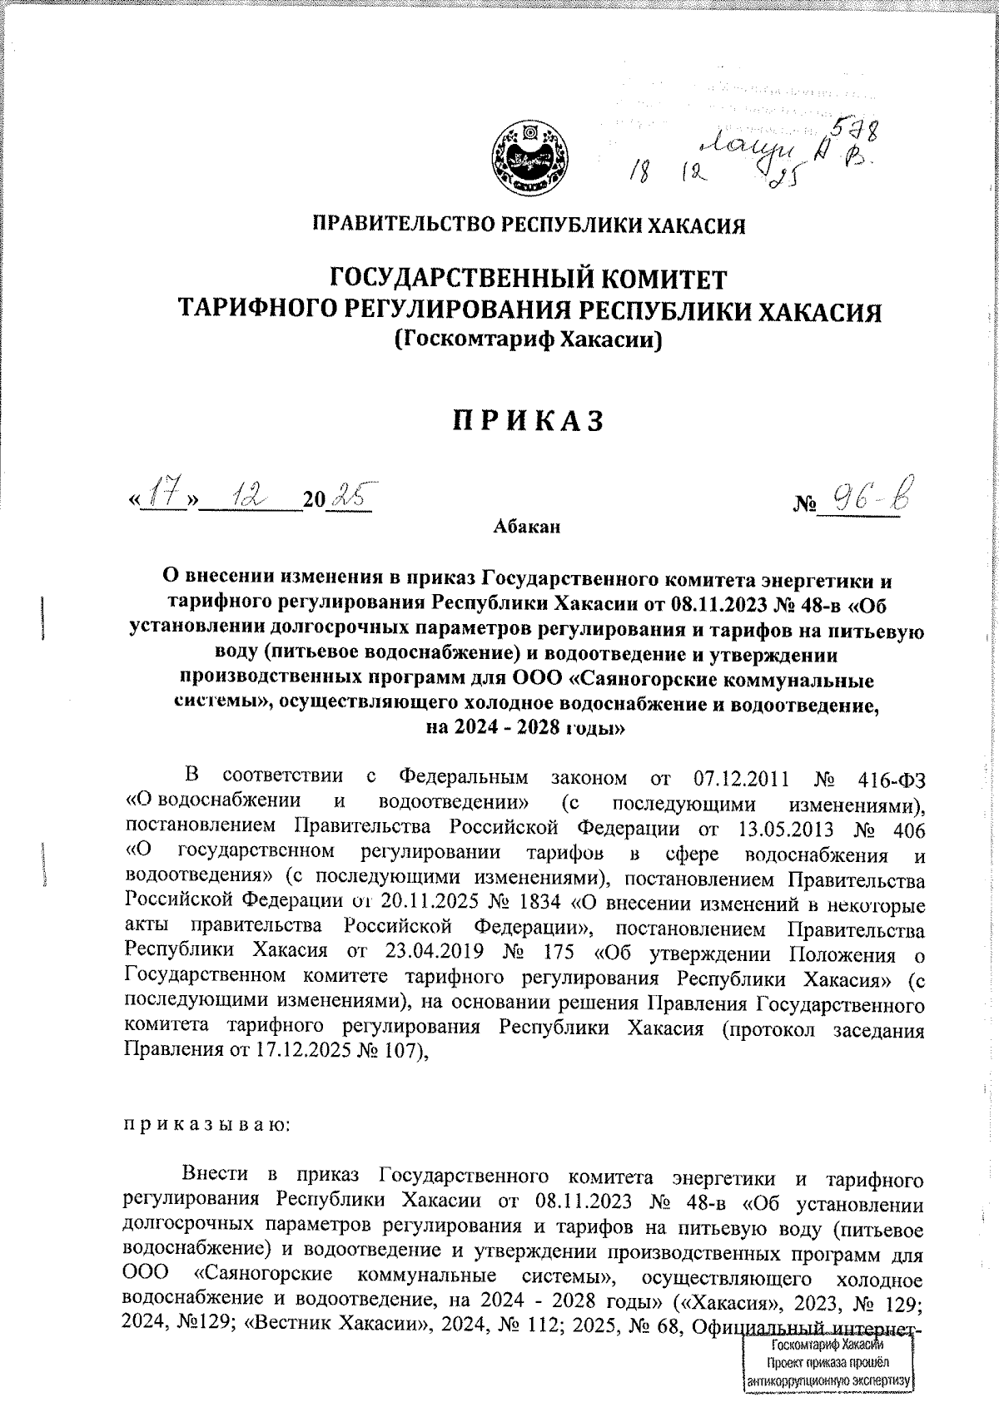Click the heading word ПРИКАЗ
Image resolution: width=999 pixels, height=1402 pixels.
[x=528, y=422]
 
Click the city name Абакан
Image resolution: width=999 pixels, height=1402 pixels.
[x=527, y=527]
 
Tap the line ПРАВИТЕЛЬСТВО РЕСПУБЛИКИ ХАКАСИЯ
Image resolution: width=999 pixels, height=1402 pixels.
[x=528, y=225]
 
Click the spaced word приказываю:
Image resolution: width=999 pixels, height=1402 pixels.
[x=206, y=1126]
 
